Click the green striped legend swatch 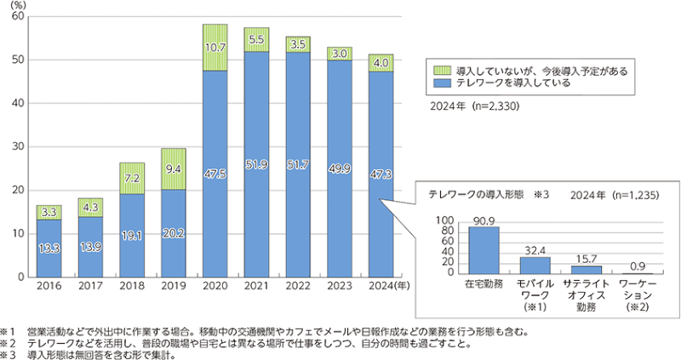pyautogui.click(x=437, y=71)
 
